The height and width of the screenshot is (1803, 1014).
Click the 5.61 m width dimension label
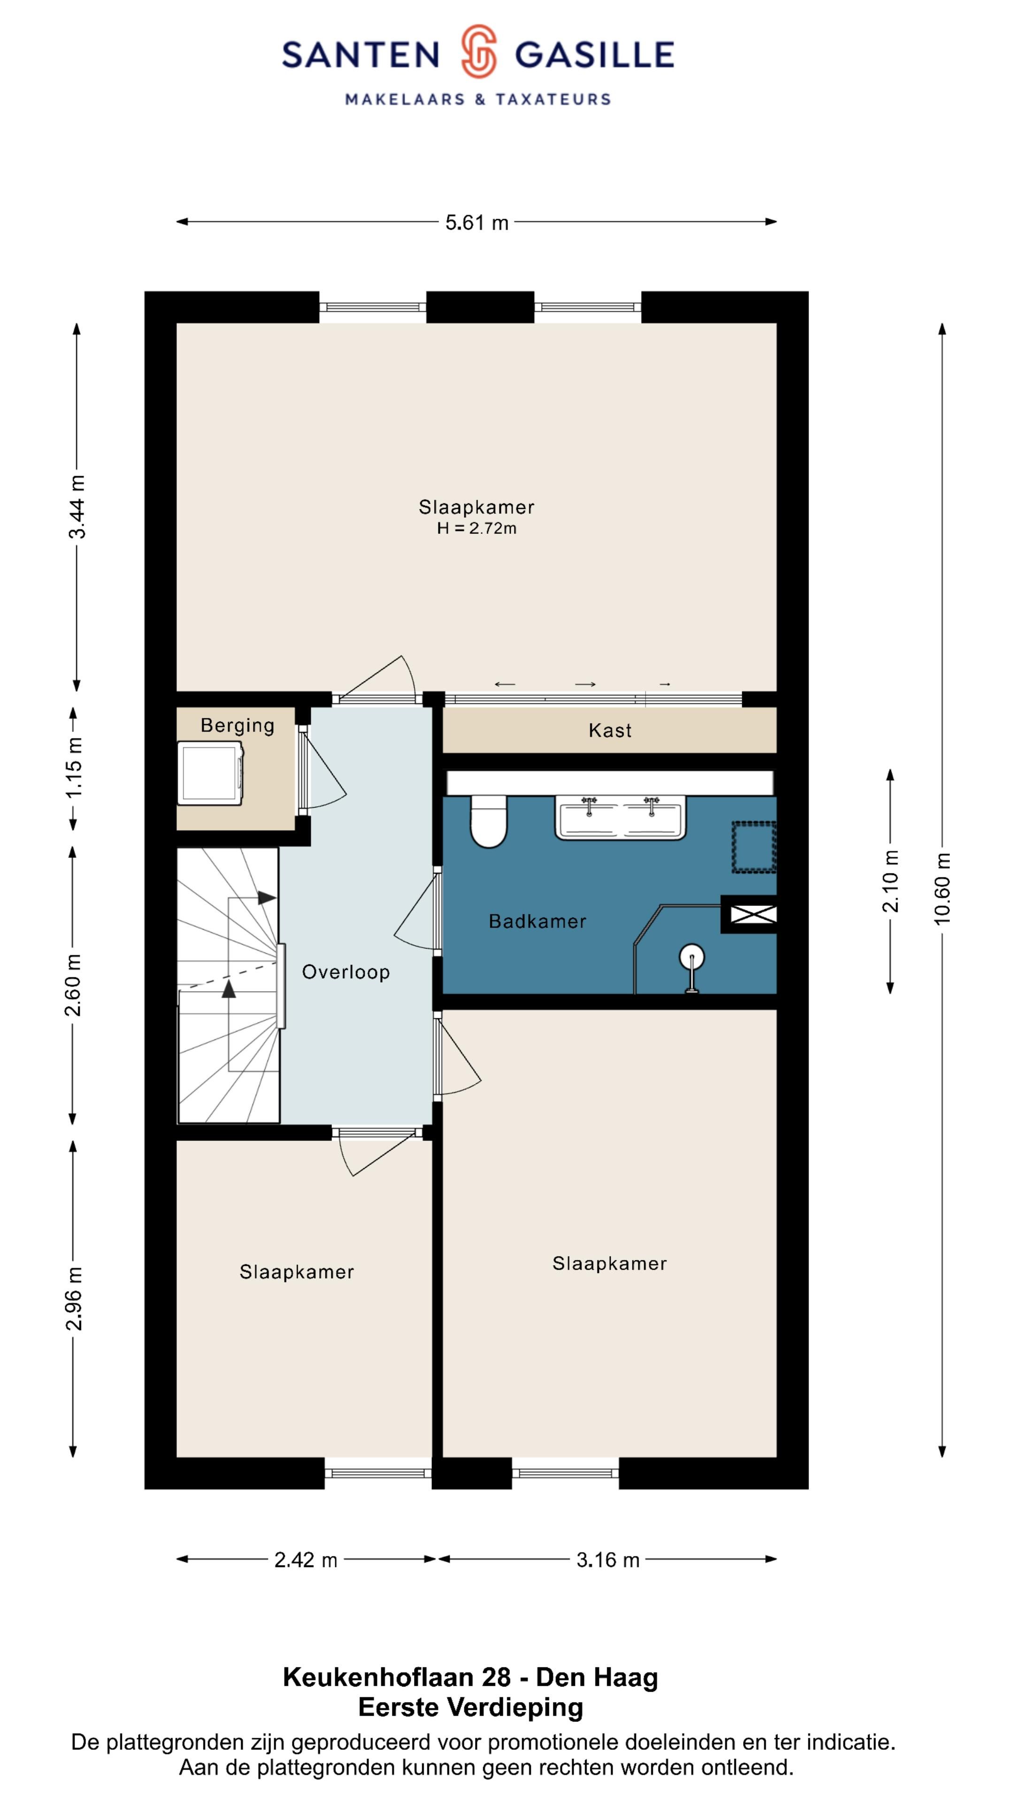[476, 223]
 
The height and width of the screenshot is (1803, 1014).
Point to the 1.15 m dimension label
[74, 767]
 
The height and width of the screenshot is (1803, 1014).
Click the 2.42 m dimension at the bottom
[306, 1559]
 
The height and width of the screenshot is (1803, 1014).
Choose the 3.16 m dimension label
[607, 1559]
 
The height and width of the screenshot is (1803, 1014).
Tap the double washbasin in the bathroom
[620, 817]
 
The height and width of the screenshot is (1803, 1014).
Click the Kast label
[609, 731]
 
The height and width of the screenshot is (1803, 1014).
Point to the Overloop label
[346, 971]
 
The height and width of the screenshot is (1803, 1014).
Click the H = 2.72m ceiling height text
[476, 528]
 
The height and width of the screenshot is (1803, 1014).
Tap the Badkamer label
[537, 921]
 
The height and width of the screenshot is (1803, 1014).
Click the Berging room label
[237, 725]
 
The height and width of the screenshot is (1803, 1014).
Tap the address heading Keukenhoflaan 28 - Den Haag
[470, 1677]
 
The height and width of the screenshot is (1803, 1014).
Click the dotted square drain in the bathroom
[753, 847]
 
